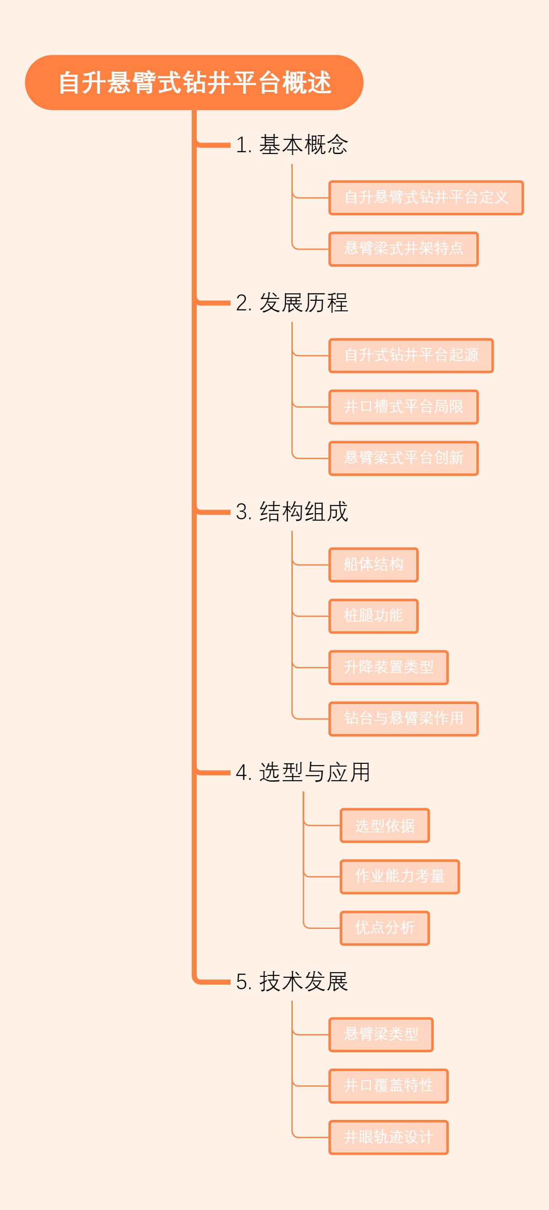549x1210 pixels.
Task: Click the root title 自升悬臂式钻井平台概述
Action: click(194, 83)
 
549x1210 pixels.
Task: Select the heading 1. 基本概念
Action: click(291, 144)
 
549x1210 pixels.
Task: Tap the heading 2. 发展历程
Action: click(291, 303)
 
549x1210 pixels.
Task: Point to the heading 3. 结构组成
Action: click(291, 512)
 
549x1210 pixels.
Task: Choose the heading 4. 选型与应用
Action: click(303, 772)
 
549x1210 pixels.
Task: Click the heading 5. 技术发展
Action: click(291, 981)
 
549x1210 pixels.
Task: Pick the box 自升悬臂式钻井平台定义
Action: click(426, 198)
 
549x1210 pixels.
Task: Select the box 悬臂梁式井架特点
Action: click(404, 249)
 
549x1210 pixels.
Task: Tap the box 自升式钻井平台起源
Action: click(411, 356)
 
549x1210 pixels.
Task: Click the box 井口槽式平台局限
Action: click(404, 407)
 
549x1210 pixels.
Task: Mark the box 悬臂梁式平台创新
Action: click(404, 458)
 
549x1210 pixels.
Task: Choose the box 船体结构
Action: click(373, 565)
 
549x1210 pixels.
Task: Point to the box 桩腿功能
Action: click(373, 616)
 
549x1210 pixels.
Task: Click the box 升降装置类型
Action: click(388, 667)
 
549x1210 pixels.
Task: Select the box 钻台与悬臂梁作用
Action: click(404, 719)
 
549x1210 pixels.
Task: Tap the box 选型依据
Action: click(384, 825)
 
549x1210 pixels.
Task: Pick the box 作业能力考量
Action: click(399, 876)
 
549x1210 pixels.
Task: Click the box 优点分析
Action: click(384, 927)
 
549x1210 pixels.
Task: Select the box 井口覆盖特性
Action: click(388, 1086)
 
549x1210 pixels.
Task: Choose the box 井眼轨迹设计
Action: click(388, 1137)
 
